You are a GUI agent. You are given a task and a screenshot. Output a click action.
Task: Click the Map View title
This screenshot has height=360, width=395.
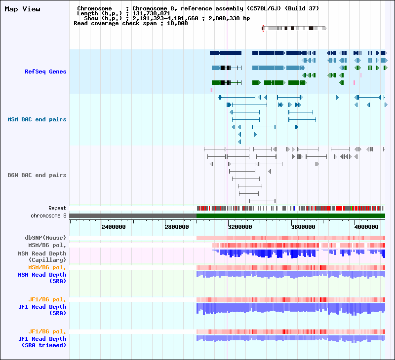click(22, 9)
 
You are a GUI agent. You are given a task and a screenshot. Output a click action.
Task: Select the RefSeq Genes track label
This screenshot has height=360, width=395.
click(45, 72)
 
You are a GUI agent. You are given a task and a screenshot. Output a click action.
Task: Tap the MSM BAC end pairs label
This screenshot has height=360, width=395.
click(37, 119)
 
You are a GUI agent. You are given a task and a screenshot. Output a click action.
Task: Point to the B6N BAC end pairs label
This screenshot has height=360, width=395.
click(37, 175)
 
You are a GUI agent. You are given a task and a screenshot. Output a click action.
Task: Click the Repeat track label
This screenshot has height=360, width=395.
click(57, 208)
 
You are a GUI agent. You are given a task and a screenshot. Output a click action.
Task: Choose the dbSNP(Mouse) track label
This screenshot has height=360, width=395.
click(45, 238)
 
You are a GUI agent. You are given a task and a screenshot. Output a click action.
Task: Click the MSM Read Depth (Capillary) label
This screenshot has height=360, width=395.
click(42, 256)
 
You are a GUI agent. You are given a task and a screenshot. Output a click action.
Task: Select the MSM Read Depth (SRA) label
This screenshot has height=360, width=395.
click(42, 278)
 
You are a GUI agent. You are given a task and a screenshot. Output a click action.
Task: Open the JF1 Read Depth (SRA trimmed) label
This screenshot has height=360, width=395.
click(42, 342)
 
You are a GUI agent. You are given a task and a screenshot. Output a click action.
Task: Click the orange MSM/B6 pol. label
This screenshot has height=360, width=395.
click(47, 267)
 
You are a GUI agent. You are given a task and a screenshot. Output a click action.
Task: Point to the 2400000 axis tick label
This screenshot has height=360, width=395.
click(114, 227)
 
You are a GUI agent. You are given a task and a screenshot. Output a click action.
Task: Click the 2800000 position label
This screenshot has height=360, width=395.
click(177, 227)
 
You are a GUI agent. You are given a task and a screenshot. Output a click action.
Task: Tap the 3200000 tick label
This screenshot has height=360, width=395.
click(240, 227)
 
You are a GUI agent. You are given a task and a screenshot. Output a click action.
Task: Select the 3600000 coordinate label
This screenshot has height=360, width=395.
click(303, 227)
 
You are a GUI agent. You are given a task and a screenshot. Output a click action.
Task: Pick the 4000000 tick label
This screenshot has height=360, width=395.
click(366, 227)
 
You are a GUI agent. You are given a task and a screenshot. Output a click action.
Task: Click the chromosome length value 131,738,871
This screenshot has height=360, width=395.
click(152, 14)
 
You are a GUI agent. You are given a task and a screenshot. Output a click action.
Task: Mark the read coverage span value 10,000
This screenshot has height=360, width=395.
click(177, 23)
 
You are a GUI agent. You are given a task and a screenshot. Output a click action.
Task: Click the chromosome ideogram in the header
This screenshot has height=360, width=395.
click(294, 28)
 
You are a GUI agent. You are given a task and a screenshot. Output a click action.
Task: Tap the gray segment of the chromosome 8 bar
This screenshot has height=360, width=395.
click(133, 216)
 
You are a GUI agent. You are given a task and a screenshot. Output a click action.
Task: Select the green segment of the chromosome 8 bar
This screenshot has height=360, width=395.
click(291, 216)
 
